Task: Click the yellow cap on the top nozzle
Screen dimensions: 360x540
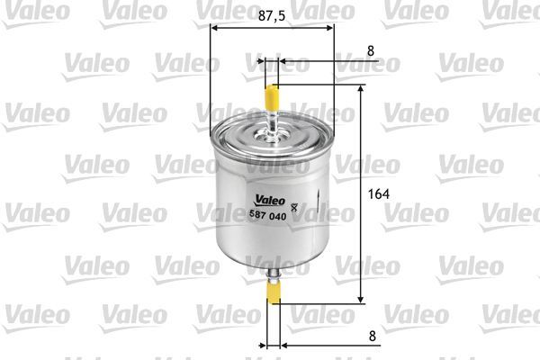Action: coord(272,94)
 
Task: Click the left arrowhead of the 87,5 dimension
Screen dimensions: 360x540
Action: coord(213,27)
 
